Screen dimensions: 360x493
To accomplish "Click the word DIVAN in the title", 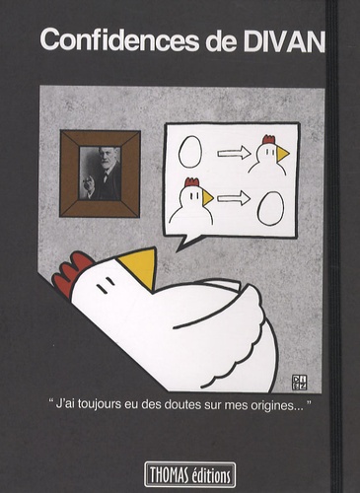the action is (284, 40).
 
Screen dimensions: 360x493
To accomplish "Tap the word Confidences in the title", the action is (119, 40).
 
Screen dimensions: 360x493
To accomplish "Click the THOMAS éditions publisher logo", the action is (190, 474).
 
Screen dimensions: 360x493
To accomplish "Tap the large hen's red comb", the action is (72, 273).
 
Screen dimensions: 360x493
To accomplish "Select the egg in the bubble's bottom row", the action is (270, 208).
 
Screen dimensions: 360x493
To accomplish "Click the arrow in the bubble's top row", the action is (234, 153).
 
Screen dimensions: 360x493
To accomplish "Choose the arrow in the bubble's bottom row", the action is (234, 197).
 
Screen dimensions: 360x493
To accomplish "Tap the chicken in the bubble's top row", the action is (268, 154).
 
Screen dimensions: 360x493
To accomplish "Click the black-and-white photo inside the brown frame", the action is (101, 174).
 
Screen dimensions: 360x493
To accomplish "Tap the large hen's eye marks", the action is (106, 285).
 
